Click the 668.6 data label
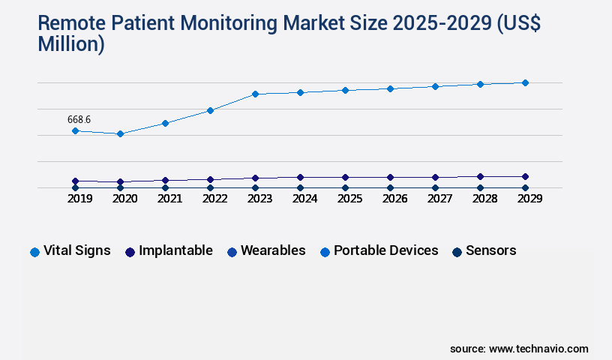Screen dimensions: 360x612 [79, 119]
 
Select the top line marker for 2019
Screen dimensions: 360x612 [75, 130]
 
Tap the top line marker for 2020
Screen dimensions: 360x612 [120, 134]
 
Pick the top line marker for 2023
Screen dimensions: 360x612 [255, 94]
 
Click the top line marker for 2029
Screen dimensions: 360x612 [525, 82]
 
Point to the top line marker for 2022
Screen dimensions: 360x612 [210, 110]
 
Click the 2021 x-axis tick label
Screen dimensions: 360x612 [169, 199]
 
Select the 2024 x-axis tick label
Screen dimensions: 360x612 [304, 199]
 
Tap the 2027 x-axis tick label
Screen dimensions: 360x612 [439, 199]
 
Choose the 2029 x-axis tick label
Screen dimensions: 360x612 [529, 199]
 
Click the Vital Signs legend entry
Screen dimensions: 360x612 [70, 250]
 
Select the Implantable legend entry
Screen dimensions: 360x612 [169, 250]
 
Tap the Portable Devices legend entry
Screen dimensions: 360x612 [379, 250]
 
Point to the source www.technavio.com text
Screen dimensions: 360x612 [519, 349]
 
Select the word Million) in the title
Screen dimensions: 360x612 [71, 44]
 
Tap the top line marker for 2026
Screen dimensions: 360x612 [390, 88]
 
